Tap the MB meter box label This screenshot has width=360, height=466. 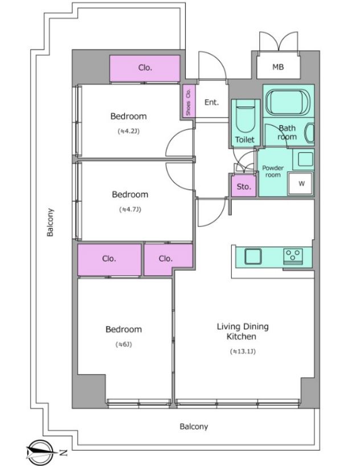[278, 67]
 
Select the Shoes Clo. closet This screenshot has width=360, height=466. [189, 101]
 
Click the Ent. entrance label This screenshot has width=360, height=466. [212, 103]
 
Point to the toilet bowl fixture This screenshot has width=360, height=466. [246, 118]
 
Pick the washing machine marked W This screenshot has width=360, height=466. [301, 183]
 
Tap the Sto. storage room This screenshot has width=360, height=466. [244, 186]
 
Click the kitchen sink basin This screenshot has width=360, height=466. [253, 256]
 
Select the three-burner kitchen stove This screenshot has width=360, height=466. [293, 256]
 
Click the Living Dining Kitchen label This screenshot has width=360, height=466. [242, 332]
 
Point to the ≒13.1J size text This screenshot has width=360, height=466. [243, 351]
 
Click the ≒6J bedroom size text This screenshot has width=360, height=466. [124, 345]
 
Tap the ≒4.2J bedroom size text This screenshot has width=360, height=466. [129, 131]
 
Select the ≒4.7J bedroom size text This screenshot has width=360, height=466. [130, 210]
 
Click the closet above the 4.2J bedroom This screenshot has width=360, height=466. [145, 68]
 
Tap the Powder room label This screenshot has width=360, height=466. [273, 171]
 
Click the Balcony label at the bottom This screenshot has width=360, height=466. [194, 427]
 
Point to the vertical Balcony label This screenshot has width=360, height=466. [50, 222]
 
